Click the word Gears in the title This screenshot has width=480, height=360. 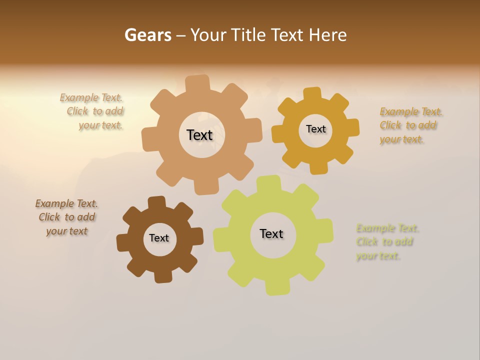pyautogui.click(x=147, y=35)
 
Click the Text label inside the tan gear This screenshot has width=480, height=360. pyautogui.click(x=200, y=135)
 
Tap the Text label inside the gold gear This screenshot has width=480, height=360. pyautogui.click(x=315, y=129)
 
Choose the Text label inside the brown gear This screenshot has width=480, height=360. pyautogui.click(x=159, y=238)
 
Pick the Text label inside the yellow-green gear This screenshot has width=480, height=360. pyautogui.click(x=271, y=233)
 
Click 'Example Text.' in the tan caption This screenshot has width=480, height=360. pyautogui.click(x=91, y=97)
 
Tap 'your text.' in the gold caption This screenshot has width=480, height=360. pyautogui.click(x=401, y=139)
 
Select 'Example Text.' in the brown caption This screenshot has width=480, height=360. pyautogui.click(x=66, y=203)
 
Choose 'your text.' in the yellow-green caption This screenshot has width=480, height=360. pyautogui.click(x=378, y=256)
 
